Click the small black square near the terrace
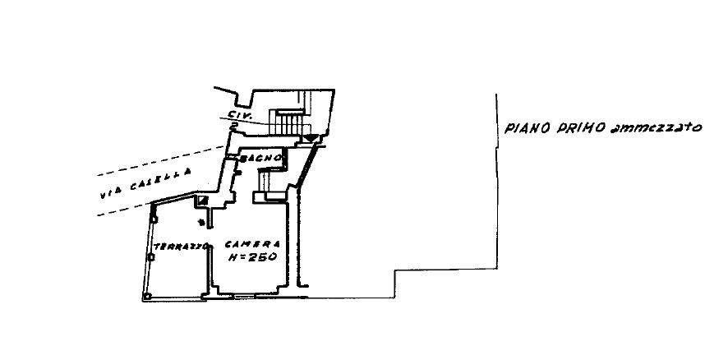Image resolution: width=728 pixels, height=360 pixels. tap(201, 201)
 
